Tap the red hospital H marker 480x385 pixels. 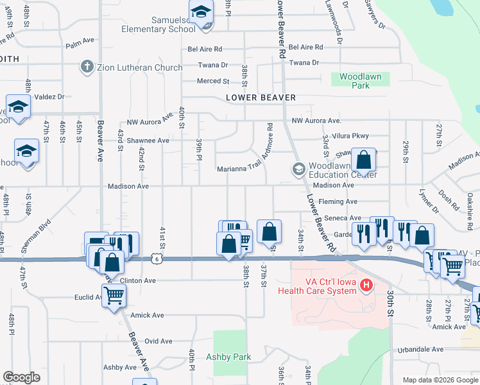click(366, 284)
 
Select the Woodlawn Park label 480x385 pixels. click(360, 81)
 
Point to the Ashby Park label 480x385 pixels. click(228, 357)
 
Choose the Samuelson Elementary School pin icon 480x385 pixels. click(201, 13)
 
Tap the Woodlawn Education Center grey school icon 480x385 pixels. click(298, 169)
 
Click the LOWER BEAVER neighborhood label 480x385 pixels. click(261, 98)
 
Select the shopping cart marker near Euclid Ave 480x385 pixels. click(114, 296)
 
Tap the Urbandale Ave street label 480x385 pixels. click(420, 350)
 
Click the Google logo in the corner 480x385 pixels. click(22, 377)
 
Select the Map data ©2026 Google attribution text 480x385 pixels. click(440, 380)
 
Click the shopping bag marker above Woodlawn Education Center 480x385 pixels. click(363, 160)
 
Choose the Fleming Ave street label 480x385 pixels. click(342, 201)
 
